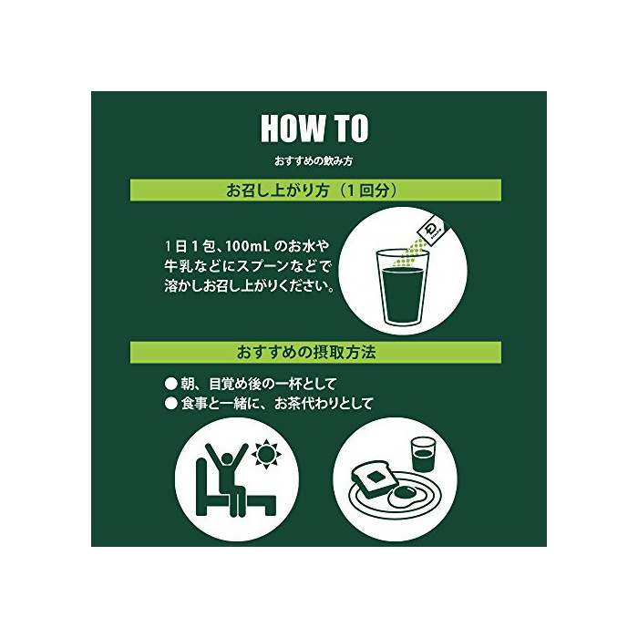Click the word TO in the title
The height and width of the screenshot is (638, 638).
coord(352,129)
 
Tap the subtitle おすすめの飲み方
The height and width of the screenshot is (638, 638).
coord(314,161)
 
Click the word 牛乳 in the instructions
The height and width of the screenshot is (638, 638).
coord(177,266)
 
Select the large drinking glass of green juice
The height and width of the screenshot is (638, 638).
coord(403,288)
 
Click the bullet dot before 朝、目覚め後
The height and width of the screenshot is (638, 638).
coord(171,384)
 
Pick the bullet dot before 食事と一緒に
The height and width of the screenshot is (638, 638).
coord(171,404)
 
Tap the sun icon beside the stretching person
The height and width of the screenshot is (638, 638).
coord(266,452)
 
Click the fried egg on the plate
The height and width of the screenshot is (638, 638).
coord(404,495)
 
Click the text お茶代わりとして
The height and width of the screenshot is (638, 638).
coord(324,404)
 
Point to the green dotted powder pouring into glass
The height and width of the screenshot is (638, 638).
coord(408,255)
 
